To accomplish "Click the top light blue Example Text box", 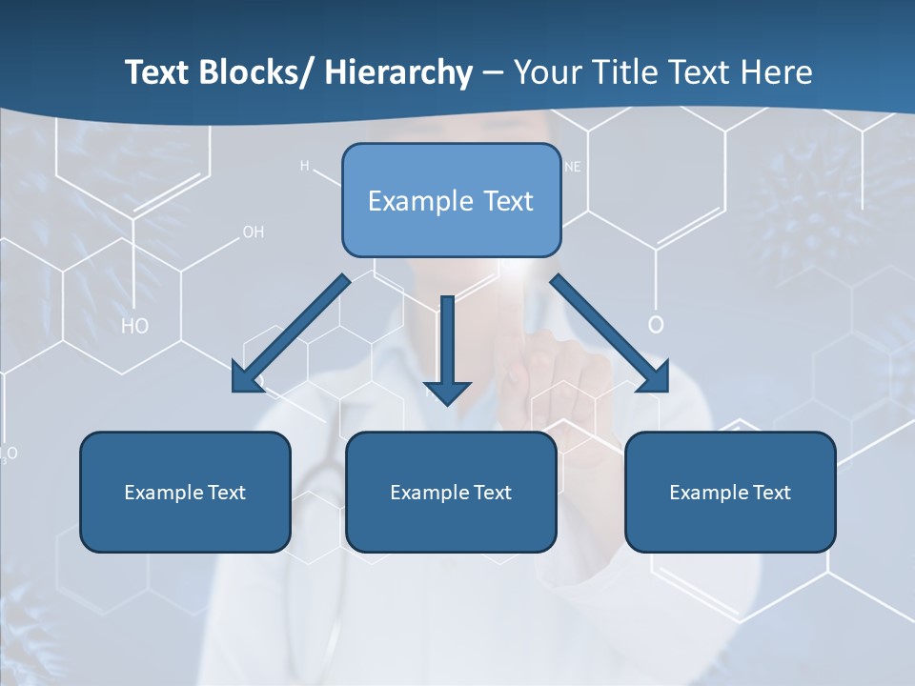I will tap(451, 200).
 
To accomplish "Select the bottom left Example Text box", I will tap(185, 492).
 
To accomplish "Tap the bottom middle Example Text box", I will tap(451, 492).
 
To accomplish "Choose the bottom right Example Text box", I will tap(730, 492).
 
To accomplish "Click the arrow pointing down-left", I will tap(290, 334).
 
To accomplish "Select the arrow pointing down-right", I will tap(610, 333).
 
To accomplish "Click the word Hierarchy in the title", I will tap(397, 72).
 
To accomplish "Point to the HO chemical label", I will tap(135, 327).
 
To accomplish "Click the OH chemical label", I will tap(253, 232).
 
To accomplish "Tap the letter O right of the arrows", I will tap(656, 325).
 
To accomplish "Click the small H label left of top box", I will tap(305, 166).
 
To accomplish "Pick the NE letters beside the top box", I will tap(573, 167).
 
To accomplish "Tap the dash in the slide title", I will tap(493, 72).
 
